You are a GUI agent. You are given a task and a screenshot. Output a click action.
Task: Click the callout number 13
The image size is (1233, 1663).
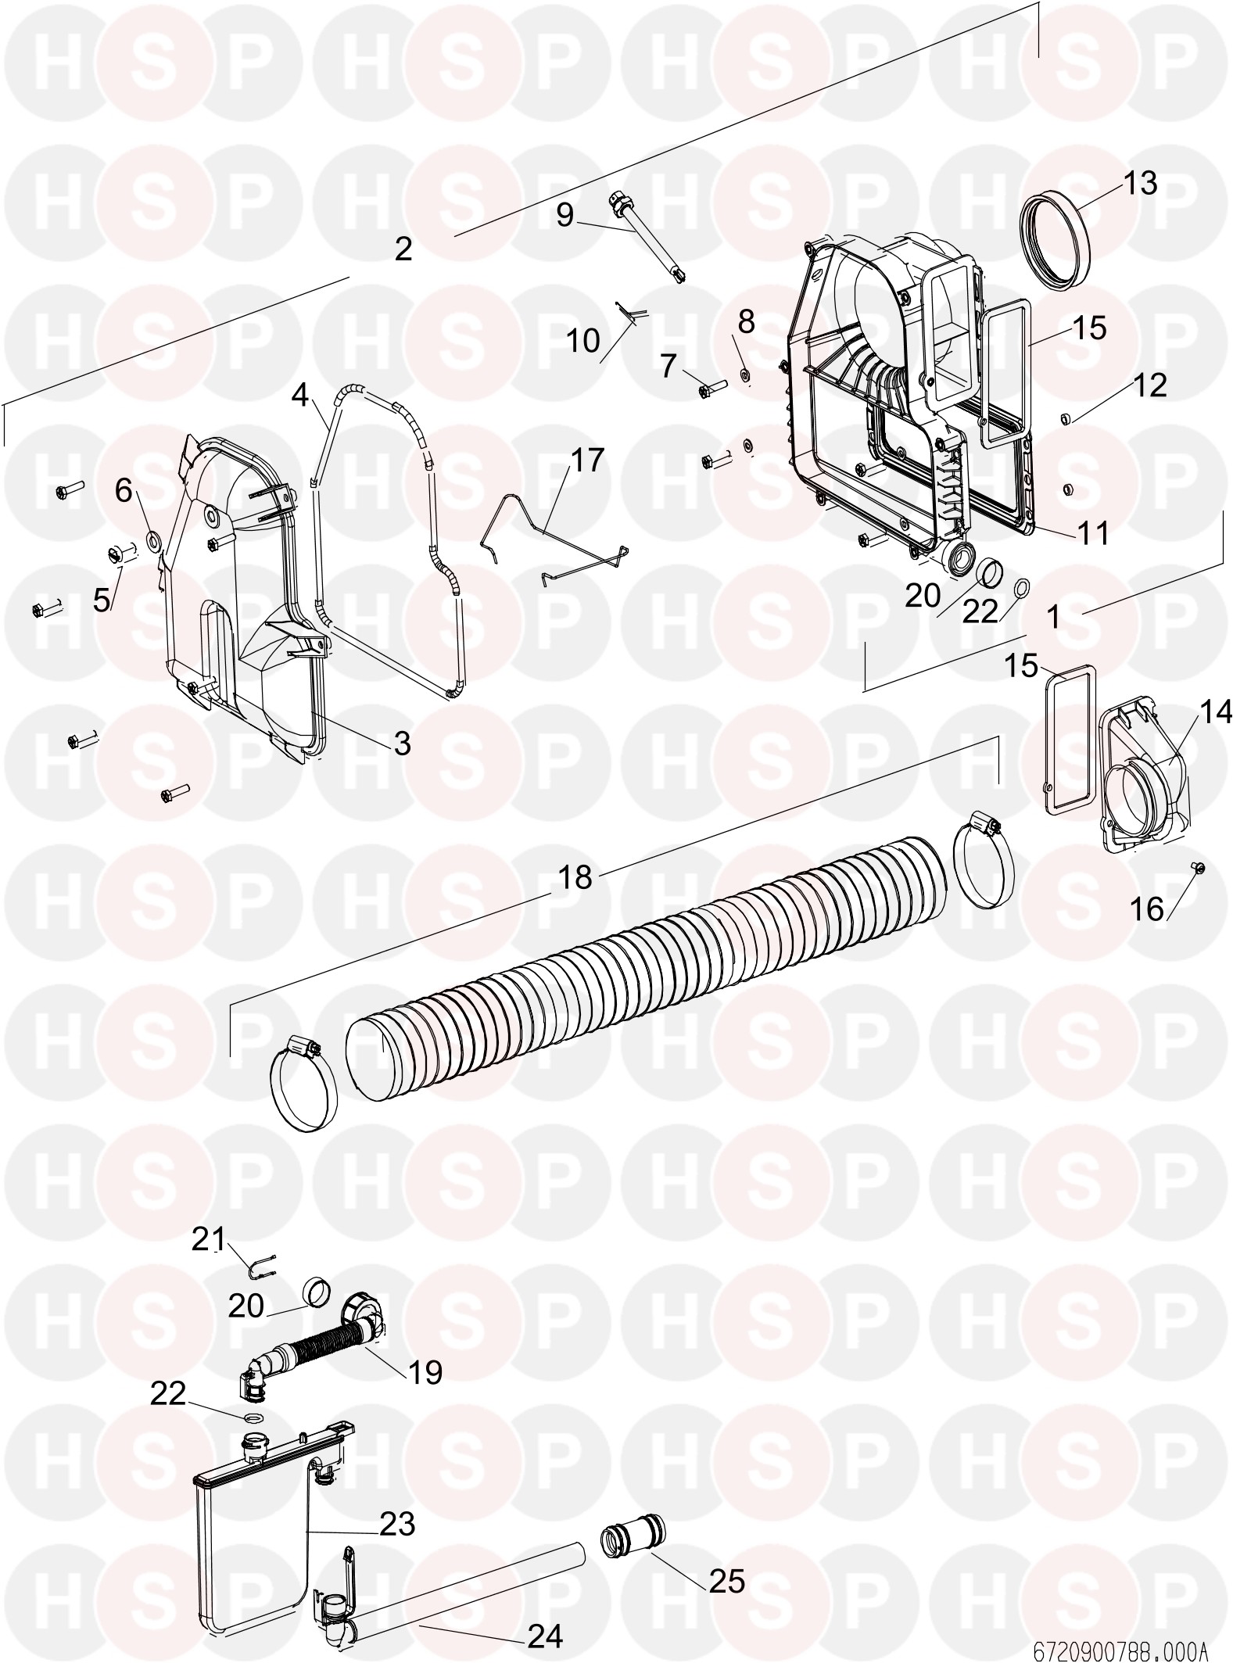coord(1140,183)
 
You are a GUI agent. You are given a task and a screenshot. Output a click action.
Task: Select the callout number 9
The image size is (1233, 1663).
coord(565,214)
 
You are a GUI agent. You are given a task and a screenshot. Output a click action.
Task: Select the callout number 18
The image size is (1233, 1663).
coord(575,877)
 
